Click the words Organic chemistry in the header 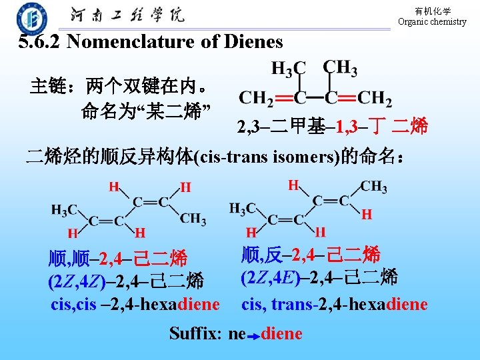click(432, 22)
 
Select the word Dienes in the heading click(255, 42)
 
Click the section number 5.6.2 click(40, 42)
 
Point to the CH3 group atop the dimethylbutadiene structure click(339, 67)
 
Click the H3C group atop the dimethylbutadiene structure click(288, 67)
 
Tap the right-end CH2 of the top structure click(374, 99)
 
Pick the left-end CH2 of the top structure click(256, 99)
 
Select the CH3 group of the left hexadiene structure click(193, 219)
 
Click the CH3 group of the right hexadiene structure click(374, 187)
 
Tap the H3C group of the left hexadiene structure click(65, 209)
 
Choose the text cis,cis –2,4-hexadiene click(135, 305)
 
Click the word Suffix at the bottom click(195, 333)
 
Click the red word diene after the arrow click(282, 333)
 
